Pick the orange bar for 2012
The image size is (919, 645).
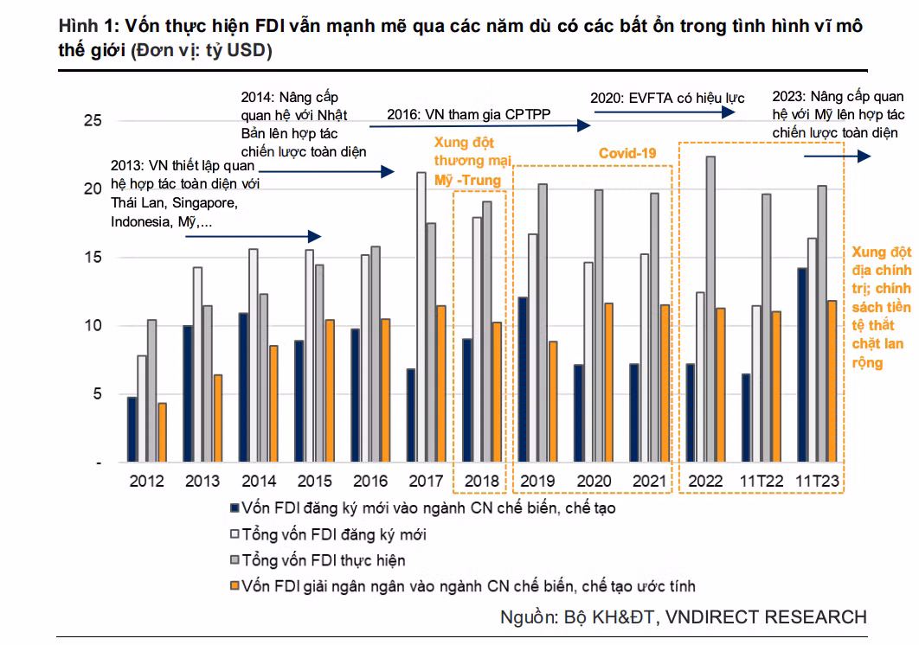point(162,432)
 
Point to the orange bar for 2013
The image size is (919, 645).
point(217,418)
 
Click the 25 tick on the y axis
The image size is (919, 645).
point(92,120)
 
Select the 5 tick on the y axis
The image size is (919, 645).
point(96,394)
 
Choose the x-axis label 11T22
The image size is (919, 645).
point(762,481)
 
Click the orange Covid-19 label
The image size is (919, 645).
point(628,153)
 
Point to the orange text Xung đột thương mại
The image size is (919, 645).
point(472,160)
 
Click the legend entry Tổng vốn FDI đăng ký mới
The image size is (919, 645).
point(334,534)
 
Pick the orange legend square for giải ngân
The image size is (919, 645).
point(233,586)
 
